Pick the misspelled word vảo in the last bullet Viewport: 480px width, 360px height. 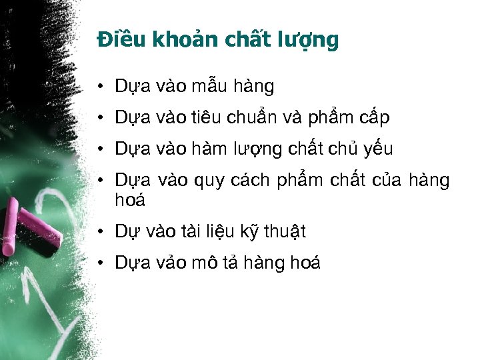[x=170, y=263]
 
